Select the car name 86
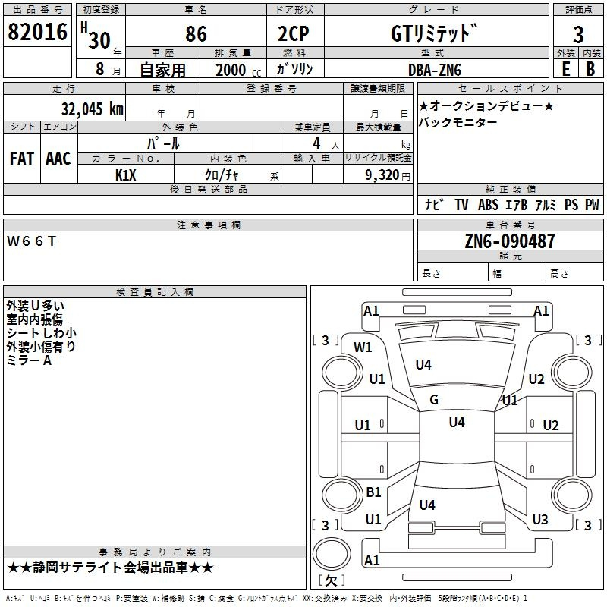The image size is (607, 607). click(x=196, y=35)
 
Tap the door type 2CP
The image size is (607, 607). click(x=294, y=34)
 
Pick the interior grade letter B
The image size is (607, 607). click(x=590, y=69)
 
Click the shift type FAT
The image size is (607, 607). click(x=21, y=159)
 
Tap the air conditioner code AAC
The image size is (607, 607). click(x=58, y=159)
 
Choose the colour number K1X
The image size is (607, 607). click(x=126, y=175)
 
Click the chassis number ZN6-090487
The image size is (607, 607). click(x=510, y=242)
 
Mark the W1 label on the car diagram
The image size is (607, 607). click(x=363, y=348)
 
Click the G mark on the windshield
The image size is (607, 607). click(x=434, y=400)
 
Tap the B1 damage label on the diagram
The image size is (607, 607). click(x=373, y=492)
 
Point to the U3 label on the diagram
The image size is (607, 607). click(x=539, y=520)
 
